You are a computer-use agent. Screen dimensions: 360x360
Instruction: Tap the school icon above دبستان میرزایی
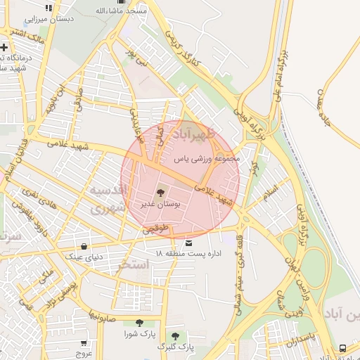point(48,8)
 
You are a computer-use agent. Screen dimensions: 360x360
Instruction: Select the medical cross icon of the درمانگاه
point(5,46)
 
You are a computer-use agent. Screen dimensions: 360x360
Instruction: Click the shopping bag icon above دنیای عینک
point(84,247)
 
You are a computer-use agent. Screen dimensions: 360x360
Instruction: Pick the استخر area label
point(134,264)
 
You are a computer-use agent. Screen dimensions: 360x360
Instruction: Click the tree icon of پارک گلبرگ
point(175,336)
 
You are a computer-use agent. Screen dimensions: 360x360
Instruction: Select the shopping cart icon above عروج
point(84,344)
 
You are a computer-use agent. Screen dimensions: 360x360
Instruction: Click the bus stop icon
point(342,348)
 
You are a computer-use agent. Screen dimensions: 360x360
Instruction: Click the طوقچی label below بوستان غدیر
point(156,229)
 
